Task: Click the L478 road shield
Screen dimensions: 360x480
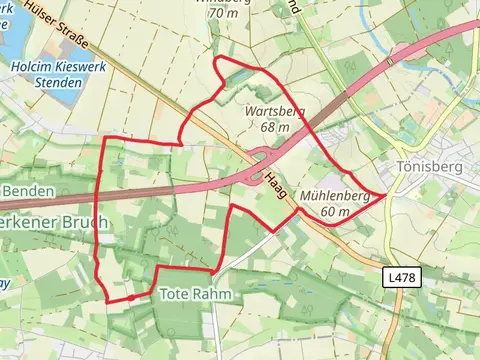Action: (403, 275)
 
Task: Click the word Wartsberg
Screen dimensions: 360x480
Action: (275, 113)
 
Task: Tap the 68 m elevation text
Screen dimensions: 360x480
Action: (274, 128)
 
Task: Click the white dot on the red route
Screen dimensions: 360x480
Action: (131, 297)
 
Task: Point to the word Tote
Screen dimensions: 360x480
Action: (173, 294)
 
